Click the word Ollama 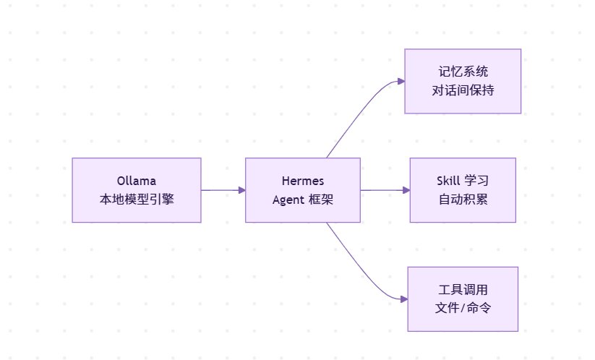[136, 181]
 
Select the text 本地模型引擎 [137, 199]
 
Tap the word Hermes [303, 181]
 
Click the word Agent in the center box [288, 200]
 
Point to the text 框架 [321, 200]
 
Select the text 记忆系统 [463, 72]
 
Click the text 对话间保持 [463, 90]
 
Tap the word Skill [448, 181]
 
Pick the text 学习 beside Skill [476, 181]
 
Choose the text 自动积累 [463, 200]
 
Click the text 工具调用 [463, 289]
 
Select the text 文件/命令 [463, 308]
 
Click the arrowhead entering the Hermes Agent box [242, 190]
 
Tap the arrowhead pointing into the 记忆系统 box [401, 81]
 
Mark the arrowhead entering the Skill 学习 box [406, 190]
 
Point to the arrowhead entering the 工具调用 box [404, 299]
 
